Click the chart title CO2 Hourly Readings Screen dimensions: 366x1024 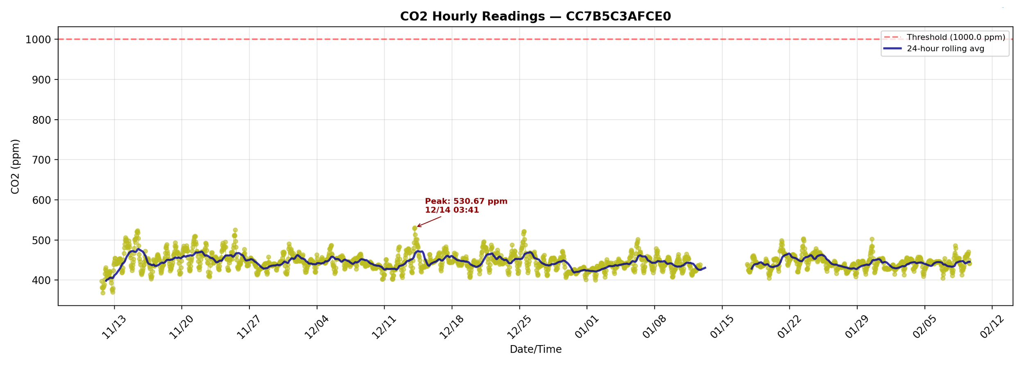click(535, 16)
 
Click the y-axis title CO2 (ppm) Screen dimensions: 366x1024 click(15, 166)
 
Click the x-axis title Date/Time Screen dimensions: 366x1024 click(535, 349)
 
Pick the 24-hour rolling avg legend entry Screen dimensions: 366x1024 click(945, 49)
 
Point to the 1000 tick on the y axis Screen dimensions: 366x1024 click(38, 40)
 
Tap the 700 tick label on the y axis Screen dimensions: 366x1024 click(41, 160)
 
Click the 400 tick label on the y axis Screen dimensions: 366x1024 click(41, 281)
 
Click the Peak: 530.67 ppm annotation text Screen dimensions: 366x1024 click(466, 201)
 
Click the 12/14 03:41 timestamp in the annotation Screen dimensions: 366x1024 click(451, 210)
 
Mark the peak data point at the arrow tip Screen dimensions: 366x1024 click(415, 228)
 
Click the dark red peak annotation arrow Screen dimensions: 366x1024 click(429, 221)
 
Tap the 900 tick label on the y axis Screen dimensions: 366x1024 click(41, 80)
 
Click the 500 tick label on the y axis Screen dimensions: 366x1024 click(41, 241)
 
